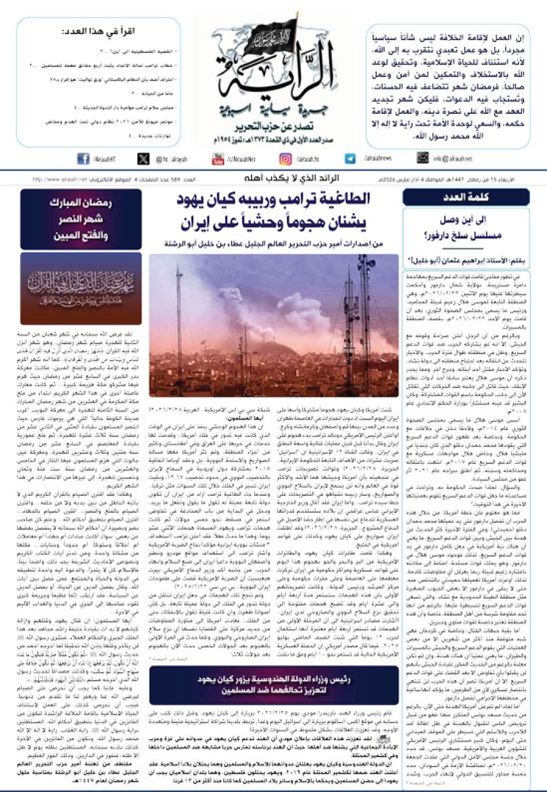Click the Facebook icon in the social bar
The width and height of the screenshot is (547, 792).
point(83,159)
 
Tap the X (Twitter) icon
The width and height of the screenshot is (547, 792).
point(143,159)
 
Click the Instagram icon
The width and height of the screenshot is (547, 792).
point(285,159)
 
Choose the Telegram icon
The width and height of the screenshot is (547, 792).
point(350,159)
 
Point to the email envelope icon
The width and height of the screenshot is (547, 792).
point(422,159)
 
